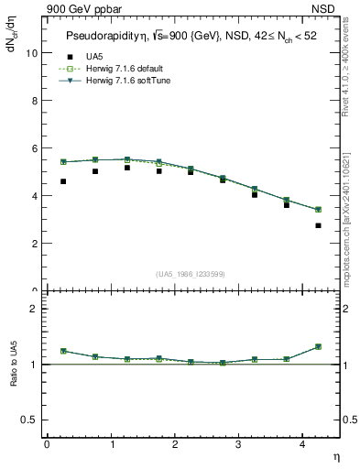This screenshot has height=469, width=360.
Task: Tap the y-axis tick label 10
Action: [x=32, y=53]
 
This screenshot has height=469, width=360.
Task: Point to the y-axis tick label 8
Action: [x=34, y=101]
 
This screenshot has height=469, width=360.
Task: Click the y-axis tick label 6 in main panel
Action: [x=34, y=148]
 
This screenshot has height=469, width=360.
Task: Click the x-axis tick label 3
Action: [x=239, y=444]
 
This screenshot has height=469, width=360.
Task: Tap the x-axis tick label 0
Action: [x=47, y=444]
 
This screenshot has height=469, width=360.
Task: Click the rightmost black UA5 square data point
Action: [x=319, y=225]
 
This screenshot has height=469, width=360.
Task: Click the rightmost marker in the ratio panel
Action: [x=319, y=346]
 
